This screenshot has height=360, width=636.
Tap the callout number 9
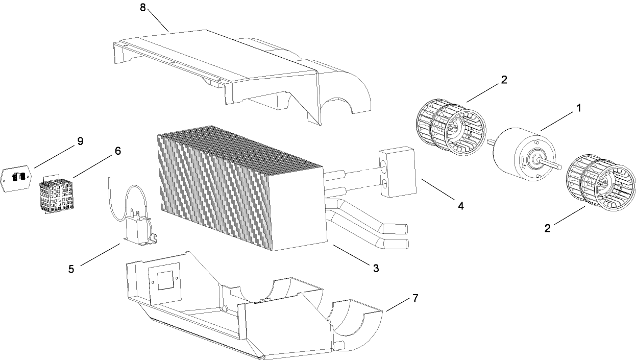coord(80,141)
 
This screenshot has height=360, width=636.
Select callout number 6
coord(117,151)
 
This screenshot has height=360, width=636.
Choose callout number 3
coord(376,268)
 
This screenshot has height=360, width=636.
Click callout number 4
coord(460,206)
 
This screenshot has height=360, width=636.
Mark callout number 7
coord(415,298)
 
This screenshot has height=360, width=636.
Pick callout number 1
coord(578,108)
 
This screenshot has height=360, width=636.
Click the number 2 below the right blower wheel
coord(548,228)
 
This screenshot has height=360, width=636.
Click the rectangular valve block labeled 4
coord(397,173)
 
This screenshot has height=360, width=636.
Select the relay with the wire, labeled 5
coord(138,229)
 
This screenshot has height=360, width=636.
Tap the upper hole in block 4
coord(383,164)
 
